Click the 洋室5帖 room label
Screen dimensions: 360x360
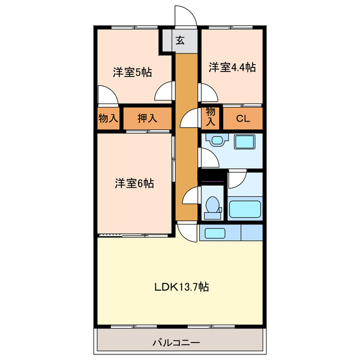[132, 73]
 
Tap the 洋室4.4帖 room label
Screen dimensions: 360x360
[232, 67]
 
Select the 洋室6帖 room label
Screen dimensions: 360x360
[134, 183]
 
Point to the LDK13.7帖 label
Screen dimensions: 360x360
[182, 287]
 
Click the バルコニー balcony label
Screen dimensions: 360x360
[176, 343]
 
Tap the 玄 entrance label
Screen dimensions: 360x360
[180, 40]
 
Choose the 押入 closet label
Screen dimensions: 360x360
[147, 119]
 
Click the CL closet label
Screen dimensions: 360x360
[243, 119]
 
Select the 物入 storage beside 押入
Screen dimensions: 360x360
[108, 119]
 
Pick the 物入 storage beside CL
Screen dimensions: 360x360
[210, 117]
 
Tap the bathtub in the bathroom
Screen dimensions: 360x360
[245, 209]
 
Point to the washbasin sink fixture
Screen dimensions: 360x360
[217, 140]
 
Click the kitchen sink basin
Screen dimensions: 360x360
[214, 233]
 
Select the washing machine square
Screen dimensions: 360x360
[245, 142]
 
